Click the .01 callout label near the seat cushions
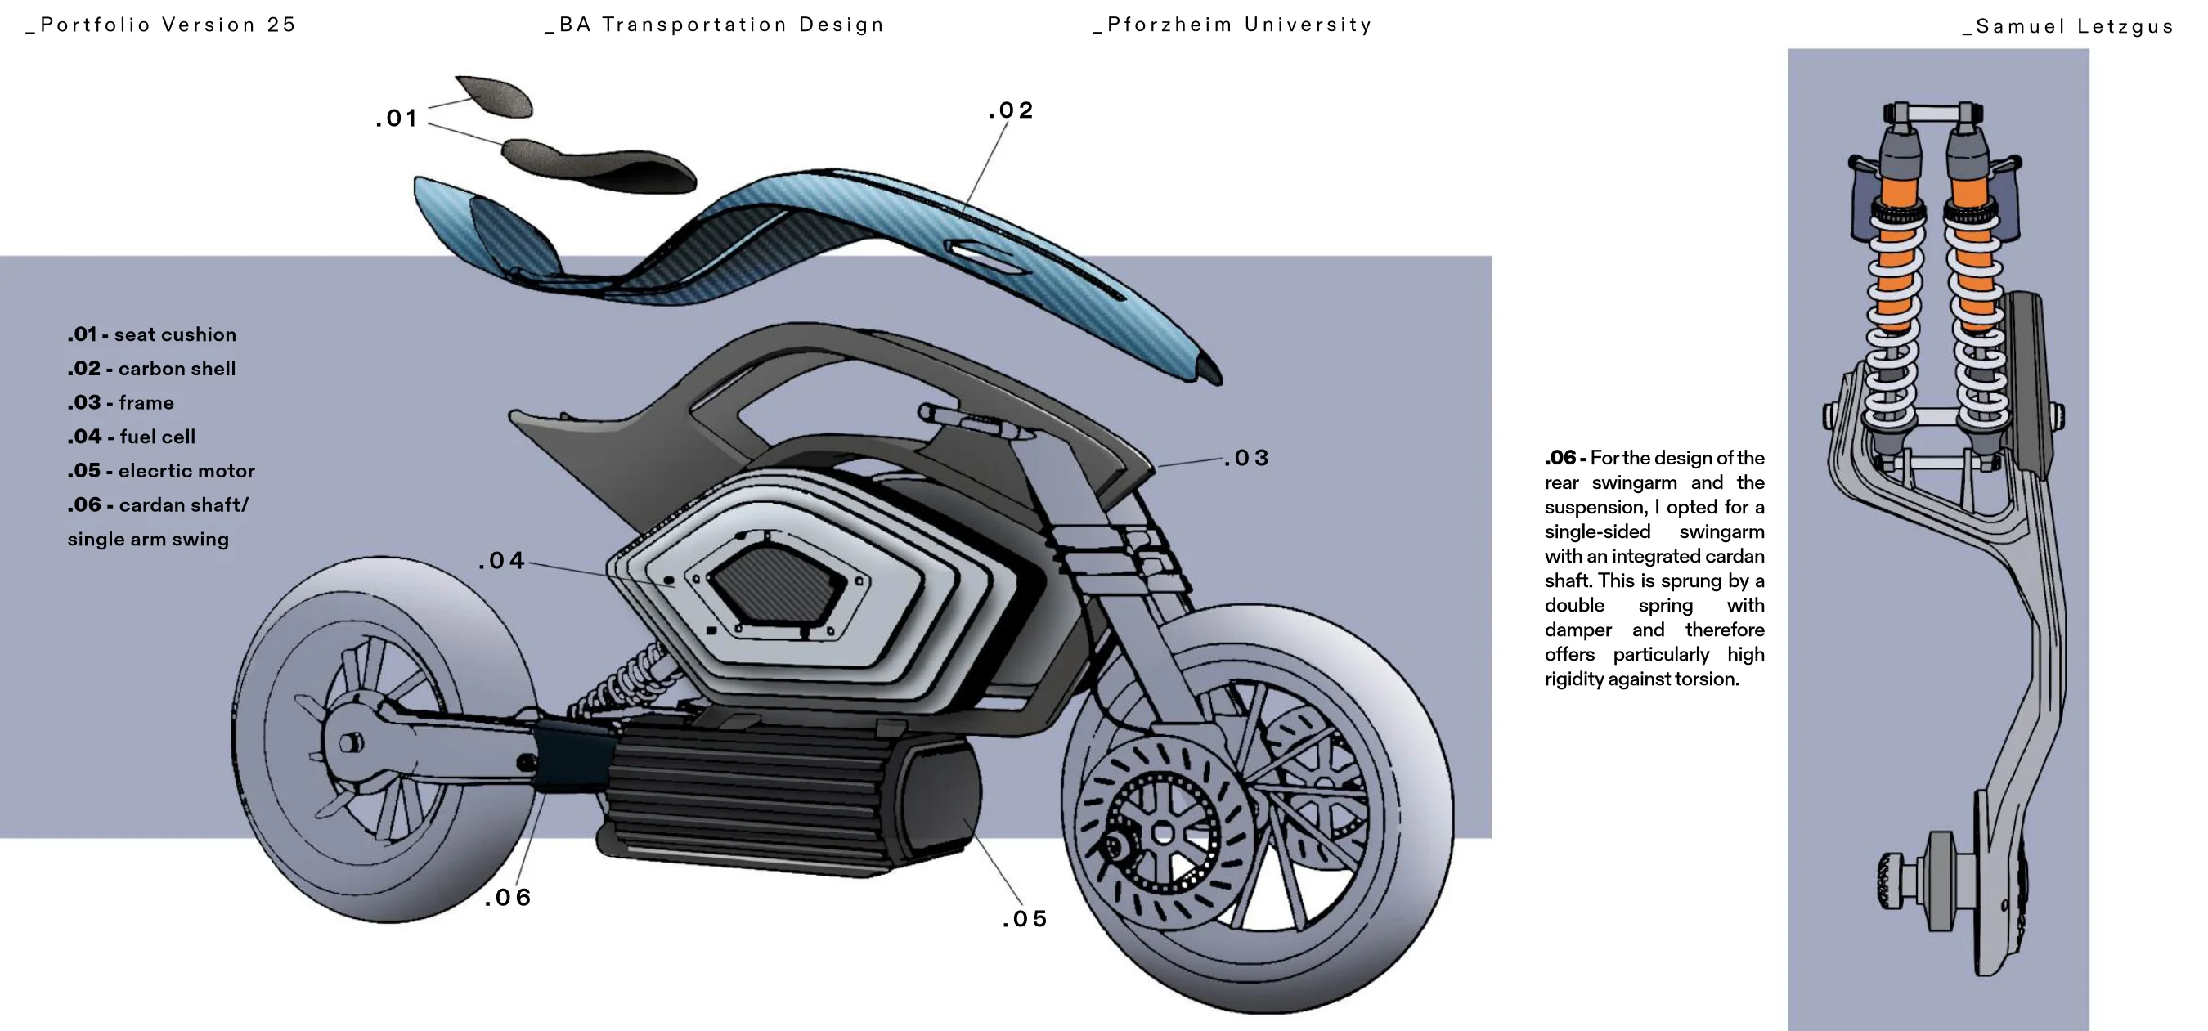(x=397, y=119)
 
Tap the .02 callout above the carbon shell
(x=1012, y=110)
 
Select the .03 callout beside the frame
(x=1246, y=459)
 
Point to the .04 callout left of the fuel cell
(x=501, y=561)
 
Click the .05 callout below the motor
(x=1025, y=919)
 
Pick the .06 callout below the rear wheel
(x=509, y=897)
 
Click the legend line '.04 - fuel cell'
(x=132, y=437)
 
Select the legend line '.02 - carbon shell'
(x=152, y=369)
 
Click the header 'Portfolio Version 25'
(x=162, y=25)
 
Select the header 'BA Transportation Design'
(x=715, y=25)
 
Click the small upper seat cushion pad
(x=496, y=95)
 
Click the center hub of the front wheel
(x=1163, y=832)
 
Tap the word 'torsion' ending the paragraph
(x=1712, y=679)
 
